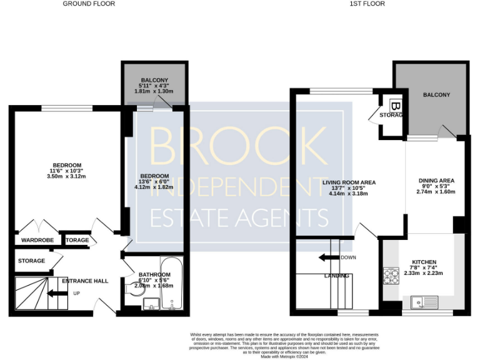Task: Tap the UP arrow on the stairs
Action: [60, 292]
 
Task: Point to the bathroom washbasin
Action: [150, 304]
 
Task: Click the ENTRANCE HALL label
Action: [85, 281]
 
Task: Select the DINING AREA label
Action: [436, 181]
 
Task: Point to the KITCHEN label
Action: [424, 262]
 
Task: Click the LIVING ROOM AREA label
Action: [349, 182]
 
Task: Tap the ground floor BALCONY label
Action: [154, 80]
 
